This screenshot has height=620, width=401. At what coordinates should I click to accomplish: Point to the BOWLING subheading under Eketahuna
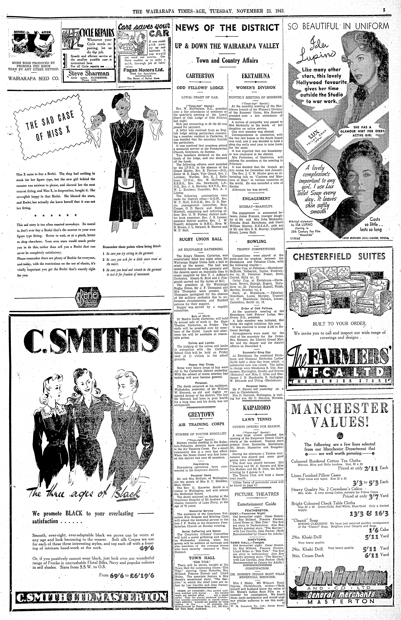tap(257, 241)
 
